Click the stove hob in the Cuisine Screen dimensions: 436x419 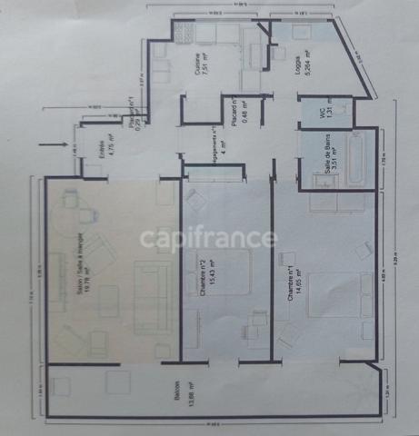point(185,37)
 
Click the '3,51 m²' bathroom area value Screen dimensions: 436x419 point(335,163)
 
